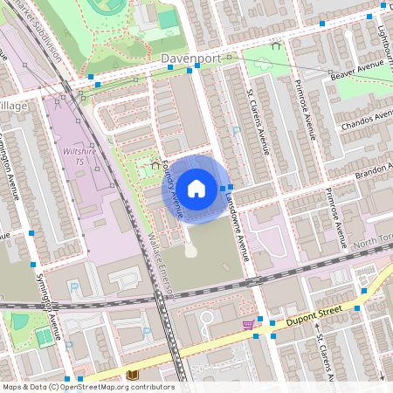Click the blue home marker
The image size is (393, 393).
(196, 187)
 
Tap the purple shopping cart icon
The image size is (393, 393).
(248, 325)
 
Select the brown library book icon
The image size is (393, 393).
(133, 375)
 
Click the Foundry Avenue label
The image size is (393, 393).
(174, 190)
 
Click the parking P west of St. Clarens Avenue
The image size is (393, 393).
(236, 130)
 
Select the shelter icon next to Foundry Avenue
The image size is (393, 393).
(155, 163)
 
